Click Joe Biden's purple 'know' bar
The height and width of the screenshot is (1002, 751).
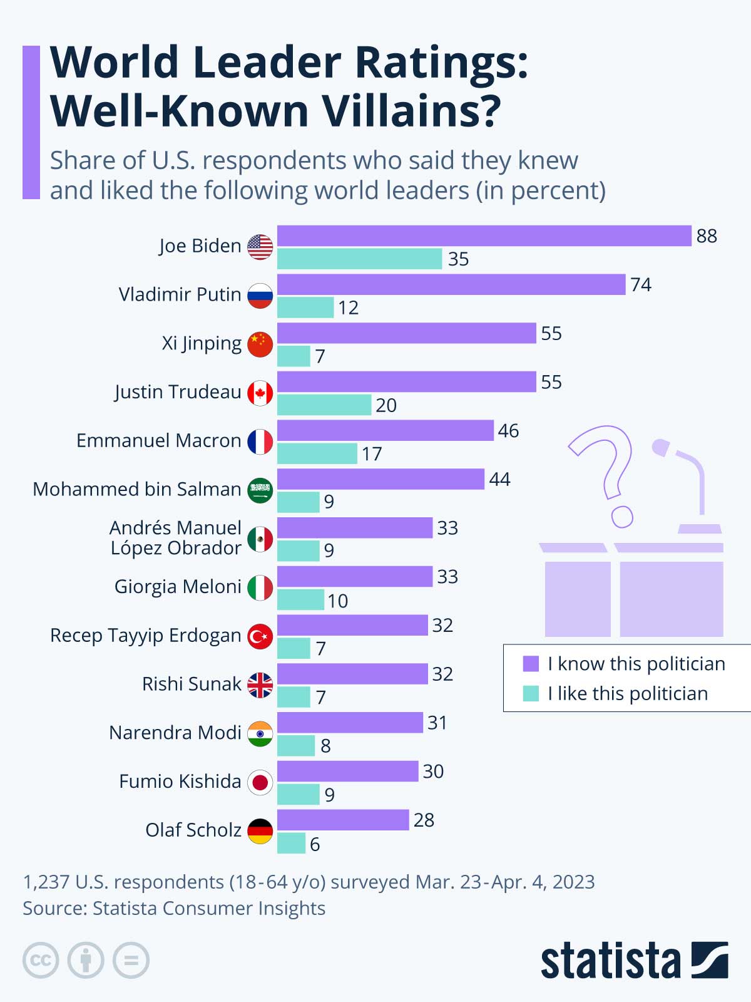point(484,236)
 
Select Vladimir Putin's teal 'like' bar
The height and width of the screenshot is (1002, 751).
point(305,307)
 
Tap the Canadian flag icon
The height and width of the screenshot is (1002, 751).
point(260,393)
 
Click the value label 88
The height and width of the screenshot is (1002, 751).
point(707,236)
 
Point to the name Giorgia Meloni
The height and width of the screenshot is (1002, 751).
point(178,587)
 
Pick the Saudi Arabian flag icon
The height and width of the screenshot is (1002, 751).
point(260,490)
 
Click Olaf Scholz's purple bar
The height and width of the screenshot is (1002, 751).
point(343,820)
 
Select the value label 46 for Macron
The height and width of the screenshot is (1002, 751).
point(508,431)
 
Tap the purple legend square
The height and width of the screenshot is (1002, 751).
point(531,664)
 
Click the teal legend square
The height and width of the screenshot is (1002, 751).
point(531,693)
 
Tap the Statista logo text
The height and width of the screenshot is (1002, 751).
point(610,961)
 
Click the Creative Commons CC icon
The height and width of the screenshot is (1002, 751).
point(41,960)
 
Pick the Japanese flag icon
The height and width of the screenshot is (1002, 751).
point(260,782)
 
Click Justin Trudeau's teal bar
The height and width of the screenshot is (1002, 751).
point(324,405)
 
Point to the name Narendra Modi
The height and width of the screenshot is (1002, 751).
point(175,733)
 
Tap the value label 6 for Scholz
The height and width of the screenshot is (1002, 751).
point(315,844)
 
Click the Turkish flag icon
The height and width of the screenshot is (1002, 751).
point(260,636)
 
